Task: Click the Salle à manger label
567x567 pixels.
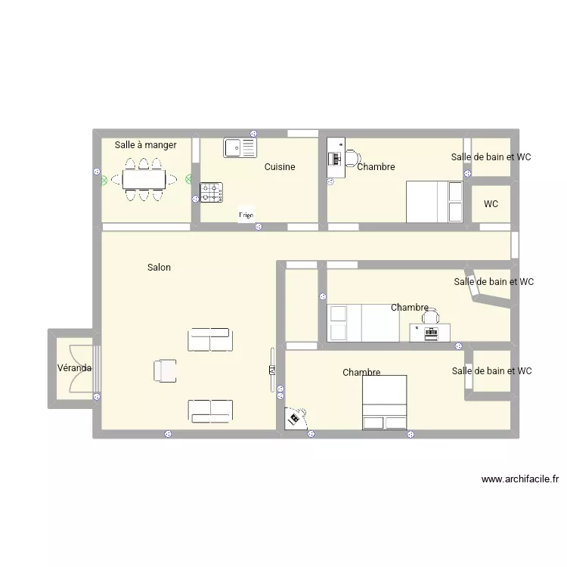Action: pyautogui.click(x=145, y=145)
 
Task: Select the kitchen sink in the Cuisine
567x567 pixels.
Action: pyautogui.click(x=240, y=147)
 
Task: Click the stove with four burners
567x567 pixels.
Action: pyautogui.click(x=212, y=193)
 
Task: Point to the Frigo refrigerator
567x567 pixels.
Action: pyautogui.click(x=246, y=215)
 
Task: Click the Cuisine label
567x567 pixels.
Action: pyautogui.click(x=280, y=167)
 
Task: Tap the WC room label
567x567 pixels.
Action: pyautogui.click(x=491, y=204)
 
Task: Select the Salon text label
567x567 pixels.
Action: pyautogui.click(x=159, y=268)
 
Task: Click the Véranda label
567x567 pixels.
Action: pyautogui.click(x=74, y=368)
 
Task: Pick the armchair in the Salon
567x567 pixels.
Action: pyautogui.click(x=166, y=370)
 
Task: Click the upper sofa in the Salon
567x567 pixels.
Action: pyautogui.click(x=210, y=339)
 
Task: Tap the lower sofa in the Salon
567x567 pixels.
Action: pyautogui.click(x=210, y=411)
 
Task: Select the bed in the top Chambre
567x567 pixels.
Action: pyautogui.click(x=435, y=202)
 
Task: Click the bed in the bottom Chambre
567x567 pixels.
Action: pyautogui.click(x=385, y=402)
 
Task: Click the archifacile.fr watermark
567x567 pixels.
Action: pyautogui.click(x=519, y=479)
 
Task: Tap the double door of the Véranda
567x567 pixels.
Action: pyautogui.click(x=79, y=368)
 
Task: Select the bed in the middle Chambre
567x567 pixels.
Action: pyautogui.click(x=363, y=323)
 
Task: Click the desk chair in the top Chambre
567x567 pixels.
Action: pyautogui.click(x=352, y=158)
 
